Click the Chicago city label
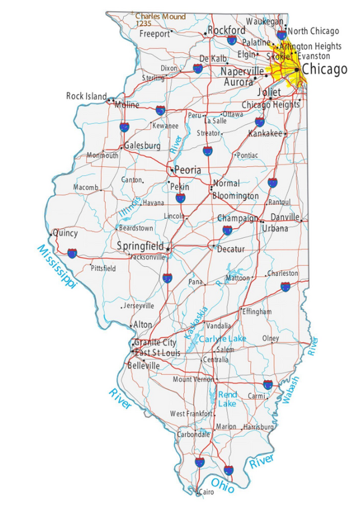(325, 69)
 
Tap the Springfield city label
(140, 246)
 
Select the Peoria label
(187, 170)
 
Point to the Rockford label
(227, 31)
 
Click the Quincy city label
(65, 233)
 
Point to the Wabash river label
(291, 390)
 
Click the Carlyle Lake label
(223, 339)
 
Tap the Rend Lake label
(227, 399)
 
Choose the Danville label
(285, 217)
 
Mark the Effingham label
(257, 311)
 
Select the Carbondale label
(193, 433)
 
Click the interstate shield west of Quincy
(71, 253)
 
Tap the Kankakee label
(265, 133)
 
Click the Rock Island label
(86, 96)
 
